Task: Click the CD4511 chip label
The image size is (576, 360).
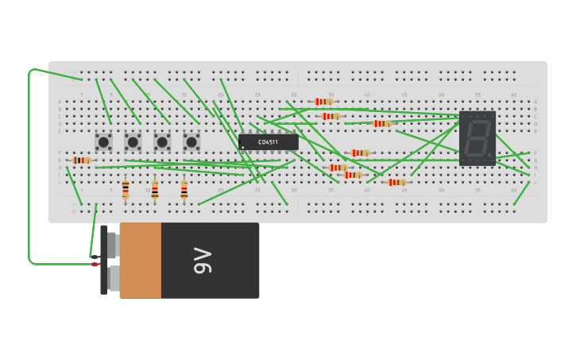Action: click(x=268, y=142)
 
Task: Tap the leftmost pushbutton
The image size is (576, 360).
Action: click(x=103, y=141)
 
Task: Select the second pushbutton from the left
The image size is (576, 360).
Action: click(x=133, y=141)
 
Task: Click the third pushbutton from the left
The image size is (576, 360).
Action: click(x=162, y=141)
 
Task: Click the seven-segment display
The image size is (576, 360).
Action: click(x=477, y=138)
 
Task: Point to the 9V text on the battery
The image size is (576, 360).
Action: click(x=203, y=261)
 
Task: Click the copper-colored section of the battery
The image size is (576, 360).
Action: click(x=141, y=261)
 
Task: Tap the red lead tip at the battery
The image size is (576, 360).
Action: click(x=95, y=264)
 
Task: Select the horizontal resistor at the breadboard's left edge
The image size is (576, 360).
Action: click(x=81, y=160)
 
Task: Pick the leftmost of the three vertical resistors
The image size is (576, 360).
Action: click(x=126, y=189)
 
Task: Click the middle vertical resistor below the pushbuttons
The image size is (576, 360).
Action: click(x=155, y=189)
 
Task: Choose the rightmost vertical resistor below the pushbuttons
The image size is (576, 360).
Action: click(x=184, y=189)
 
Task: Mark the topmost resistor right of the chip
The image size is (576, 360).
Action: click(x=323, y=102)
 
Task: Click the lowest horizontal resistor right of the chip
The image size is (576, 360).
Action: click(x=396, y=182)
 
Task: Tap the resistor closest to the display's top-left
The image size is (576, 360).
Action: click(x=382, y=123)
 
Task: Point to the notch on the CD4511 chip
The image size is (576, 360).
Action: click(x=241, y=142)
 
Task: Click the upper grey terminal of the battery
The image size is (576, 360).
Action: click(x=114, y=245)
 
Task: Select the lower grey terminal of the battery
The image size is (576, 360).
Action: click(x=114, y=278)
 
